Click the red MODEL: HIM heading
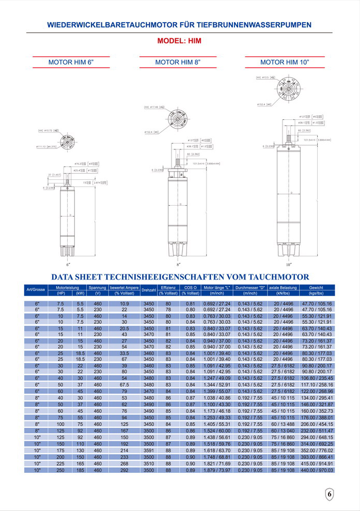click(179, 41)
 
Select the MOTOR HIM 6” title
click(71, 62)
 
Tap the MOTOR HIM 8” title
click(178, 62)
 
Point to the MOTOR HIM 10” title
click(285, 62)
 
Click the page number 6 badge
click(330, 495)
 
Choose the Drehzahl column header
click(149, 290)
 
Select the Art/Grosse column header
click(36, 290)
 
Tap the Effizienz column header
click(168, 287)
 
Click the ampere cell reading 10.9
click(124, 303)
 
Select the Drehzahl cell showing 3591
click(149, 451)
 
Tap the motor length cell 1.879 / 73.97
click(217, 471)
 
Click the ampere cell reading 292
click(124, 471)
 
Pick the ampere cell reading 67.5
click(124, 384)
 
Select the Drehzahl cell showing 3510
click(149, 464)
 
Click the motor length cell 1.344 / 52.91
click(217, 384)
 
